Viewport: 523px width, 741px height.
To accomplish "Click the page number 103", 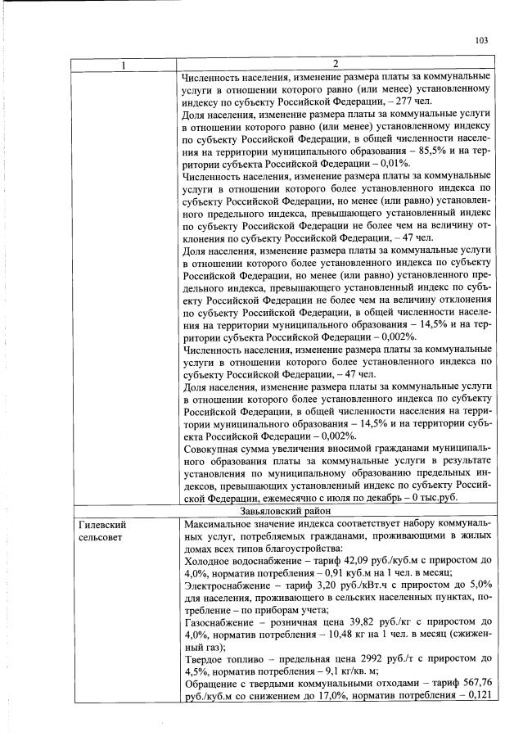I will (480, 40).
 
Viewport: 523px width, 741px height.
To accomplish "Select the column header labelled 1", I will (124, 65).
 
